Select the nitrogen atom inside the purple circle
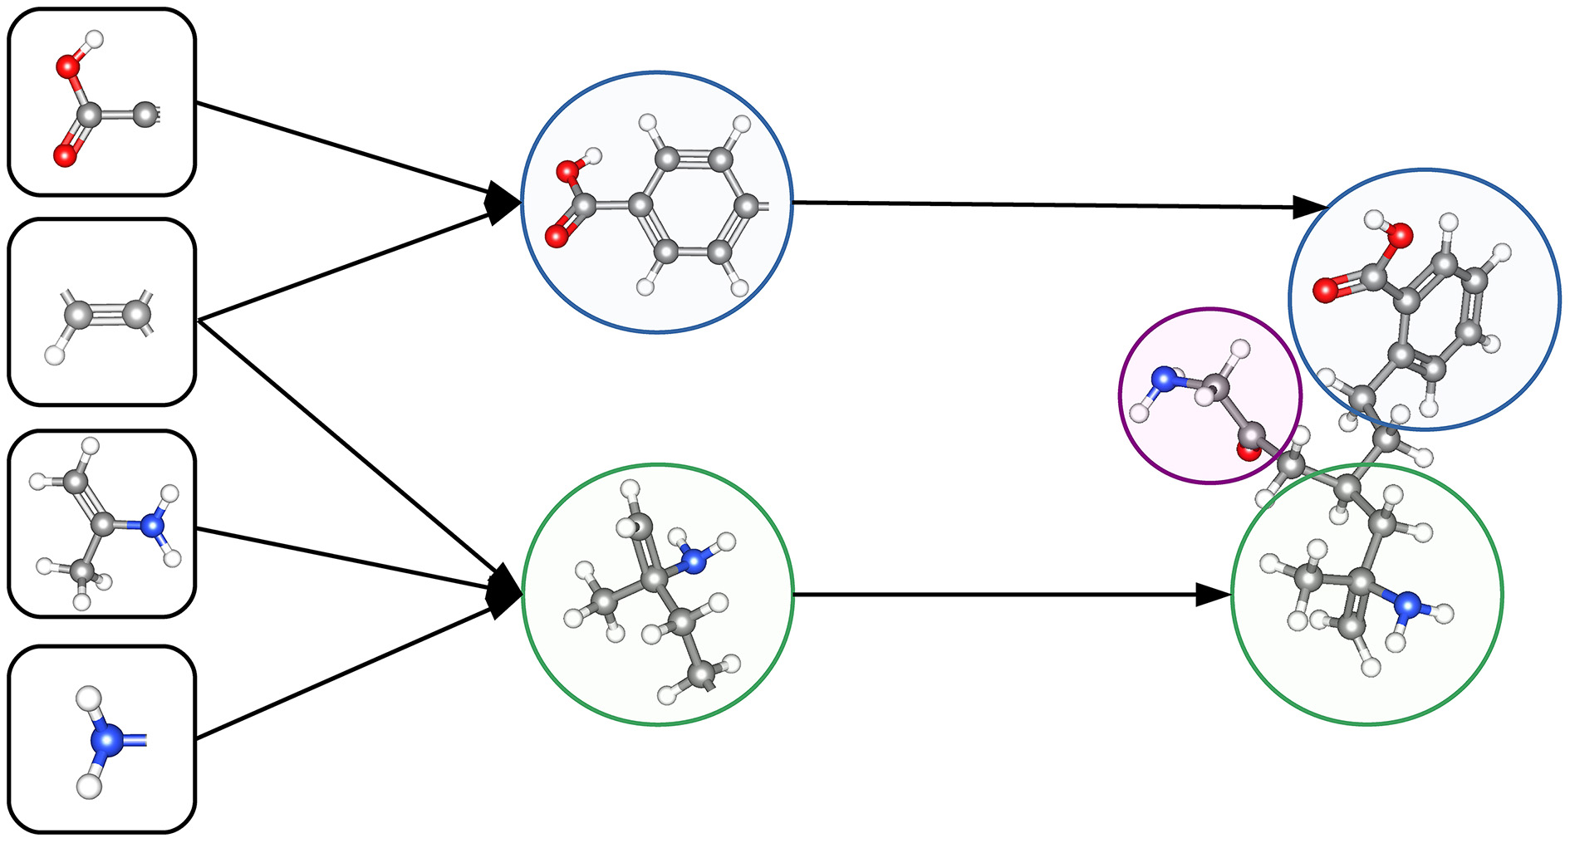coord(1165,380)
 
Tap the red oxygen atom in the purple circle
coord(1247,451)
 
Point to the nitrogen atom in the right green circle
coord(1406,604)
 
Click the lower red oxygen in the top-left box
coord(64,155)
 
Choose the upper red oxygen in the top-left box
coord(67,66)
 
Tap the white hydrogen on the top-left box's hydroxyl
coord(95,38)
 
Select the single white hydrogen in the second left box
coord(55,355)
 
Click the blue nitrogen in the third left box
coord(151,525)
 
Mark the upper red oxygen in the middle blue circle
coord(568,173)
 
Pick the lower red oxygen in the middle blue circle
coord(556,237)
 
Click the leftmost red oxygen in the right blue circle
coord(1324,291)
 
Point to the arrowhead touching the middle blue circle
coord(503,202)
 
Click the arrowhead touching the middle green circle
coord(505,591)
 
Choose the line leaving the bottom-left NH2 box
coord(332,674)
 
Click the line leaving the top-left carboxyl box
coord(332,147)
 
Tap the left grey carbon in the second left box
coord(77,315)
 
